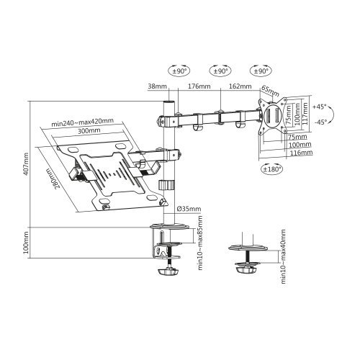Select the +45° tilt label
(x=321, y=106)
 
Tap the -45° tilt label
(x=321, y=122)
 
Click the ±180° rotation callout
(x=271, y=169)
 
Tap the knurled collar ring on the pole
(x=167, y=186)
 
